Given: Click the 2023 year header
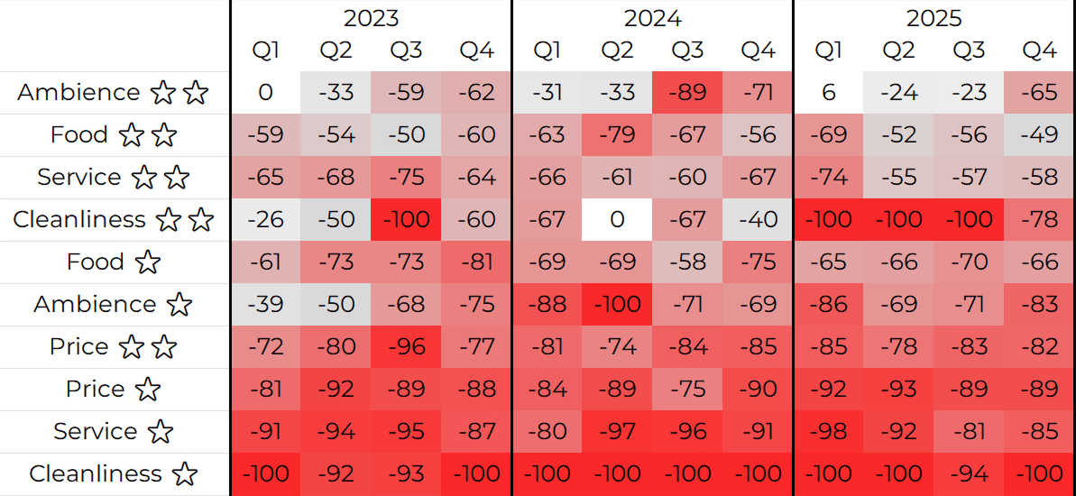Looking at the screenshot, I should point(371,18).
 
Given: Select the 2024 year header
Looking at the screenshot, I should point(652,18).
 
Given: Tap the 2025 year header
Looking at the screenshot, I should point(933,18).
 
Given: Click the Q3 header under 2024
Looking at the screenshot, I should point(687,51).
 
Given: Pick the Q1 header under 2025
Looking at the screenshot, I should point(828,51).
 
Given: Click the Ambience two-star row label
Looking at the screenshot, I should point(113,93).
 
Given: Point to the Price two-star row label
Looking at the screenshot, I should point(113,347).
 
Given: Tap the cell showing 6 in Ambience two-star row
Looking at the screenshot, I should point(828,93).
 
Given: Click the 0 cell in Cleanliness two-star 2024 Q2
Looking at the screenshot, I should point(617,220).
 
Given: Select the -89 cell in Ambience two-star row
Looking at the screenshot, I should point(687,93).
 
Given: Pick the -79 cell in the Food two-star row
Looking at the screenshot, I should point(617,135).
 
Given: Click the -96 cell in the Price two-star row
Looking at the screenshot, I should point(406,347).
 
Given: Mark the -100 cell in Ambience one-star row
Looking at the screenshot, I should point(617,305).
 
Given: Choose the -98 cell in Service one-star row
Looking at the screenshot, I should point(828,432).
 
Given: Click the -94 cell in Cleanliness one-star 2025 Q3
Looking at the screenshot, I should point(969,474).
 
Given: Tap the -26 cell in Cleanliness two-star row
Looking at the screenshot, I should point(265,220).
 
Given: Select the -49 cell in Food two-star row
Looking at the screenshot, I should point(1039,135).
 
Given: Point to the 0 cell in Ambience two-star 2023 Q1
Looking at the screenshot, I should point(265,93).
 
